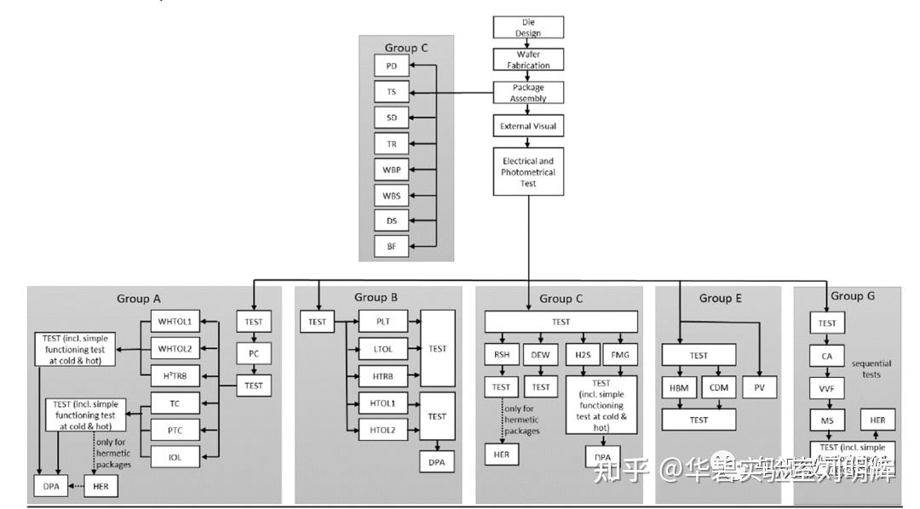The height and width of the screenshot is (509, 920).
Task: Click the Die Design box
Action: (528, 26)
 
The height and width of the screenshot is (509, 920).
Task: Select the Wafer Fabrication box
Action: (528, 60)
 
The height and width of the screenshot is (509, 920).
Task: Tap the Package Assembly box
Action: (528, 93)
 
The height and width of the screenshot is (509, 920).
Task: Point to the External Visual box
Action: (528, 126)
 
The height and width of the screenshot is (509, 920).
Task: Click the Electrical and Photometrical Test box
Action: (528, 171)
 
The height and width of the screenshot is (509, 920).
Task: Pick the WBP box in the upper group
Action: (392, 169)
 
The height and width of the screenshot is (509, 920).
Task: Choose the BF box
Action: (392, 246)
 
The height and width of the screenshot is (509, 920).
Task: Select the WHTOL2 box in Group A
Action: (175, 348)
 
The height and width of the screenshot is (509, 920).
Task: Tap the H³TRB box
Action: (175, 375)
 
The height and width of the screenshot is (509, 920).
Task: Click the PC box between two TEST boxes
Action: (254, 353)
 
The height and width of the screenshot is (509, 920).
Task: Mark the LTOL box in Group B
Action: (382, 348)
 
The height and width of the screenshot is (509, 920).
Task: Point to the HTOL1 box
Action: (382, 403)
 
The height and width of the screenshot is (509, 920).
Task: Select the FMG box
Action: (618, 353)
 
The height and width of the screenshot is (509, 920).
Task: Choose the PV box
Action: (759, 387)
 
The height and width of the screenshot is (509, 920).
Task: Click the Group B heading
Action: (376, 297)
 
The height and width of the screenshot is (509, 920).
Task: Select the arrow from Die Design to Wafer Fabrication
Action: (528, 43)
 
